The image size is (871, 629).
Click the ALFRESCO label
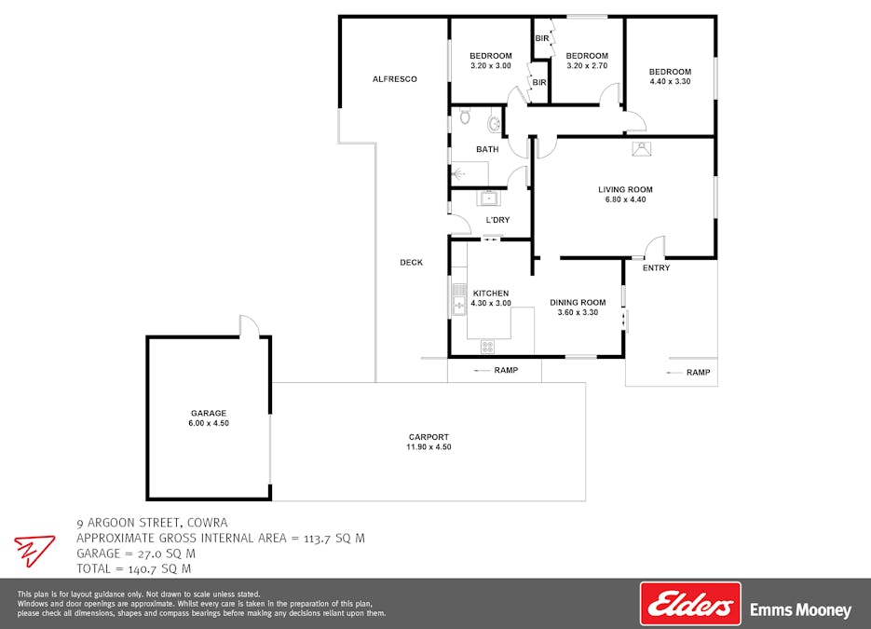pyautogui.click(x=394, y=79)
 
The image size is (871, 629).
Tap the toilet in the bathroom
pyautogui.click(x=465, y=116)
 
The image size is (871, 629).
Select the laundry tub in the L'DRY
pyautogui.click(x=489, y=198)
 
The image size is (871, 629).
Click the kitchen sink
pyautogui.click(x=459, y=299)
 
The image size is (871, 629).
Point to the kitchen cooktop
pyautogui.click(x=488, y=347)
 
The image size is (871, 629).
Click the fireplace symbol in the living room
pyautogui.click(x=642, y=149)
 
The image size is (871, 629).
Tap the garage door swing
pyautogui.click(x=250, y=325)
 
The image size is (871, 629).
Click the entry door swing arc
pyautogui.click(x=655, y=247)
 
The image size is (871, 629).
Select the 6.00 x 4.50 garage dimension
pyautogui.click(x=209, y=423)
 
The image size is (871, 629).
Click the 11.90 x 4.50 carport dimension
pyautogui.click(x=429, y=446)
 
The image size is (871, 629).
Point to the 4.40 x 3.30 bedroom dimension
pyautogui.click(x=671, y=81)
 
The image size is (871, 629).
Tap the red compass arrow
pyautogui.click(x=34, y=550)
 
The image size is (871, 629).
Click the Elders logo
pyautogui.click(x=690, y=604)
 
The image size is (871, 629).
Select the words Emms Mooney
pyautogui.click(x=800, y=610)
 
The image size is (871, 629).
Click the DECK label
pyautogui.click(x=412, y=262)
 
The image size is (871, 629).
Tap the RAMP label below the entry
pyautogui.click(x=699, y=373)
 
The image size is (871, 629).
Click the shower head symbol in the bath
pyautogui.click(x=459, y=175)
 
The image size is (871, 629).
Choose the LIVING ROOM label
pyautogui.click(x=625, y=189)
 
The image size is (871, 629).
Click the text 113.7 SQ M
pyautogui.click(x=333, y=538)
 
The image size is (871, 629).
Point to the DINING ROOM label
pyautogui.click(x=578, y=302)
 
